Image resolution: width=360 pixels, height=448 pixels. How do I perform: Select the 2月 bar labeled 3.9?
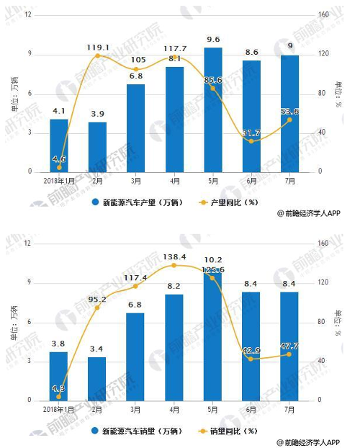coord(97,147)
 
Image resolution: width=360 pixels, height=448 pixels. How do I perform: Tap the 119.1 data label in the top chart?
coord(97,47)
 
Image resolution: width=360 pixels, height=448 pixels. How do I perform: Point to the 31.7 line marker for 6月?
coord(251,141)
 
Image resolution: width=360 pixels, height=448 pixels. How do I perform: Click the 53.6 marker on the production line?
coord(289,120)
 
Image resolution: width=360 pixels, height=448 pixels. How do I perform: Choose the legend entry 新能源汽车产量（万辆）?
coord(137,202)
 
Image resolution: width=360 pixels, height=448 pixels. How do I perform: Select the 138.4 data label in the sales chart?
coord(174,256)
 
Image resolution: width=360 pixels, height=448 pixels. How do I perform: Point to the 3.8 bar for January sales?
coord(59,375)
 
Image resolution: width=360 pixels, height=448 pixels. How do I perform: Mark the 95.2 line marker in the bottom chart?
coord(97,308)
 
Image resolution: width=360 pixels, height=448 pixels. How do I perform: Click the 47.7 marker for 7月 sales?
coord(289,354)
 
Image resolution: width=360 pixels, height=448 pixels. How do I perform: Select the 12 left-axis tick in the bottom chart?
coord(28,243)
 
